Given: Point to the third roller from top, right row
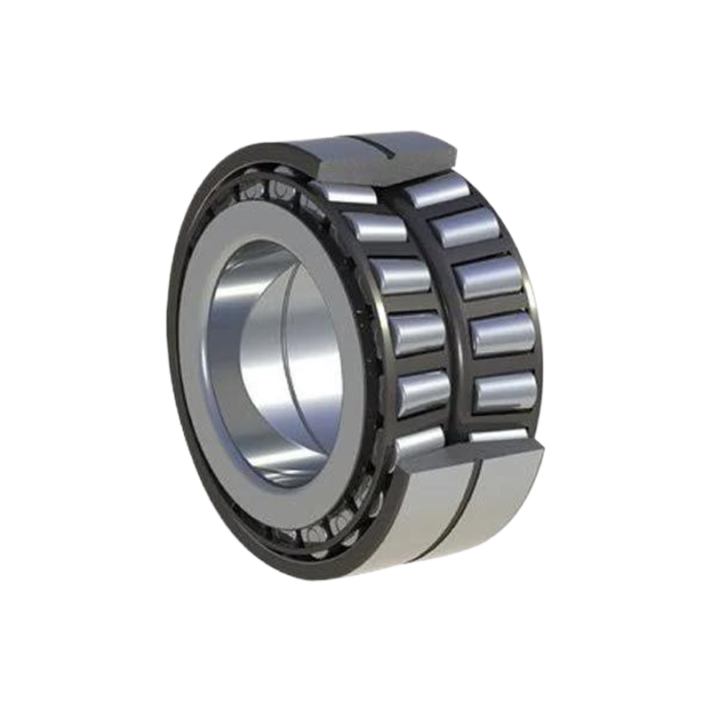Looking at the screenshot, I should [x=489, y=277].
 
